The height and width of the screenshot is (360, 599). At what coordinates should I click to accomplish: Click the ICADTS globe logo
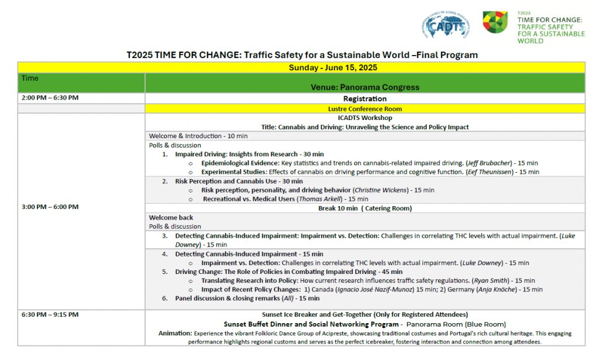coord(445,26)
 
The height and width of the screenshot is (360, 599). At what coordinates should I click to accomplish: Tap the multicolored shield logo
coord(495,22)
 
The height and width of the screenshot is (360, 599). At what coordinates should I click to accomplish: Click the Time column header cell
coord(30,78)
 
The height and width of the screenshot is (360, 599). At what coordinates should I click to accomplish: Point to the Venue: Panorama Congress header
coord(365,87)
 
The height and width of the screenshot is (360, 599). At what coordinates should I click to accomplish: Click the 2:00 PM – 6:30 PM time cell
coord(50,98)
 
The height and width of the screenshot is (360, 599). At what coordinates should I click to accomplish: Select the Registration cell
coord(364,98)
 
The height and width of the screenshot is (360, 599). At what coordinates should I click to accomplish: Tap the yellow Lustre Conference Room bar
coord(364,108)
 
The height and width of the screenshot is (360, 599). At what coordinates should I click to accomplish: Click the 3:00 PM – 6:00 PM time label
coord(50,207)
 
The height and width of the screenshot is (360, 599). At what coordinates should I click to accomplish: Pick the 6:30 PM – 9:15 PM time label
coord(50,314)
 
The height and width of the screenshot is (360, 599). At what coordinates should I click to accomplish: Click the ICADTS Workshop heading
coord(364,118)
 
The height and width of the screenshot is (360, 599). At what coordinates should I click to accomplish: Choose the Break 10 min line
coord(364,208)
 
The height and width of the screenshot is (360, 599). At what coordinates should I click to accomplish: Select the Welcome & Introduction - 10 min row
coord(198,136)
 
